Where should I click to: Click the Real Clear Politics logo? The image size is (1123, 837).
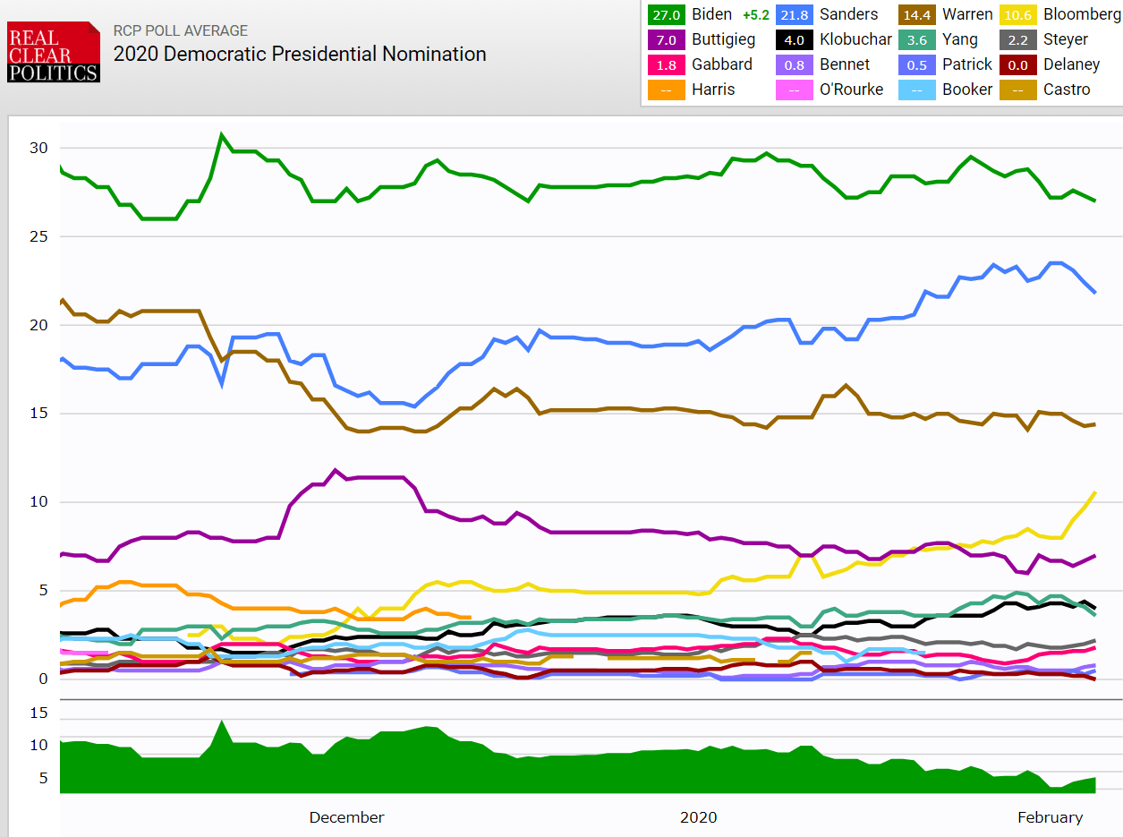[x=53, y=52]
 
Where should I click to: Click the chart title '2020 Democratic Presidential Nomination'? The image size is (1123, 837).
[x=299, y=55]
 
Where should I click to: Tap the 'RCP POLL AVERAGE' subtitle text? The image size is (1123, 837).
[x=180, y=30]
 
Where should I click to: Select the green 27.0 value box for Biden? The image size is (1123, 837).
[x=666, y=14]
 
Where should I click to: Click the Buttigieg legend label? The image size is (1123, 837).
[x=723, y=39]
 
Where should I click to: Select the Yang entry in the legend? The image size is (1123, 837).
[x=959, y=39]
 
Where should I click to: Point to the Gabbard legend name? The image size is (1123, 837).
[x=721, y=64]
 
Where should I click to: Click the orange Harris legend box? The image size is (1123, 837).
[x=666, y=90]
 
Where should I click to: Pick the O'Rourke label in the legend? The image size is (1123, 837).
[x=850, y=90]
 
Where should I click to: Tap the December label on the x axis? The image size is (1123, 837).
[x=346, y=817]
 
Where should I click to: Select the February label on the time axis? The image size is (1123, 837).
[x=1050, y=817]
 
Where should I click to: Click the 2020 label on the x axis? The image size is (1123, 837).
[x=698, y=817]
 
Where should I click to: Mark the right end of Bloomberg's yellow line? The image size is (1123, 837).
[x=1095, y=492]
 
